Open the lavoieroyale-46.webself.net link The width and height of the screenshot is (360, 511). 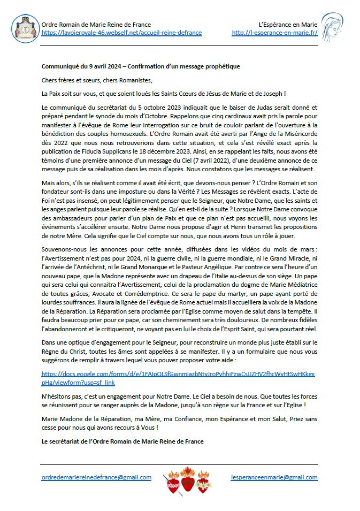[x=121, y=33]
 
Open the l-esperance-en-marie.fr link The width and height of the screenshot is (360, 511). [x=274, y=33]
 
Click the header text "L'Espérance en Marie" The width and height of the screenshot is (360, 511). [x=288, y=25]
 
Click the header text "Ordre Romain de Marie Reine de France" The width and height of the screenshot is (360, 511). [x=96, y=25]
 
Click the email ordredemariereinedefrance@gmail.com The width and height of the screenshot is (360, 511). [x=96, y=477]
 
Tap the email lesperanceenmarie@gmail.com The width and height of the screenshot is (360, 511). [x=274, y=477]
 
